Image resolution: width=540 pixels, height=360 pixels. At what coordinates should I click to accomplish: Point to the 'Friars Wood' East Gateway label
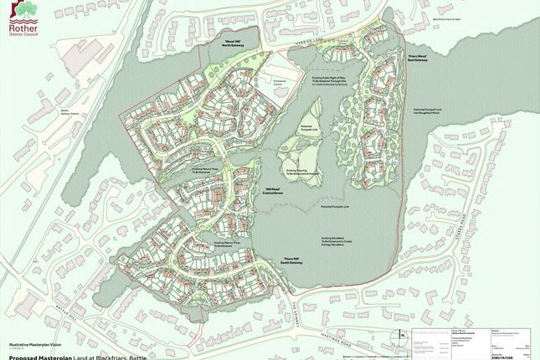point(419,59)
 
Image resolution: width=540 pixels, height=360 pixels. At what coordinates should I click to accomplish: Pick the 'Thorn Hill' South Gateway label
point(291,261)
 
